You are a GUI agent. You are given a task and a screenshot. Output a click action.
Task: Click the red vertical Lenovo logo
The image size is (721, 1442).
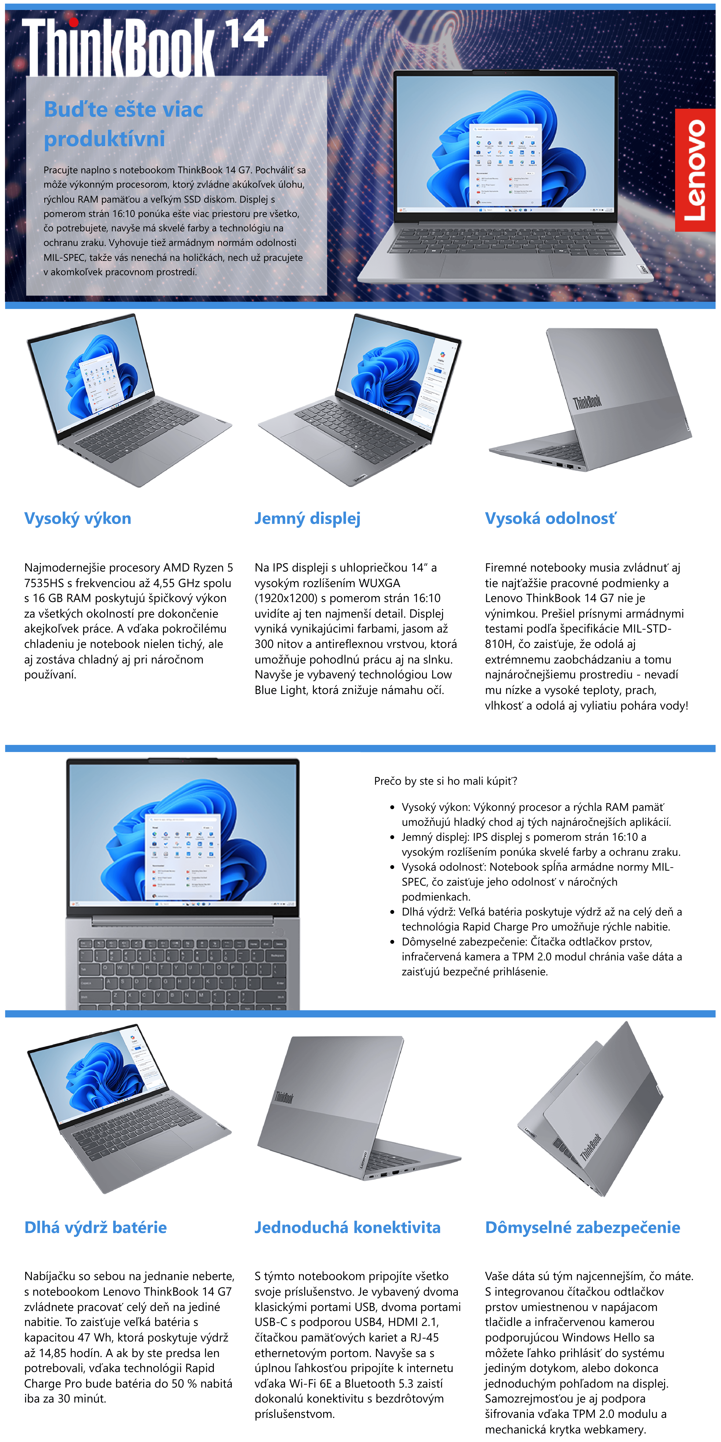[695, 170]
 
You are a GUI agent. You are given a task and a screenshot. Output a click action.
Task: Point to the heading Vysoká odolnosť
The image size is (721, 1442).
[550, 518]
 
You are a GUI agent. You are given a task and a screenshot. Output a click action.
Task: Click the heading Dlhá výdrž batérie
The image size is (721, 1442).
[95, 1228]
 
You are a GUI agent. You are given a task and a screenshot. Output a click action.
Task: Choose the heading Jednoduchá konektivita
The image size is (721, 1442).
[347, 1228]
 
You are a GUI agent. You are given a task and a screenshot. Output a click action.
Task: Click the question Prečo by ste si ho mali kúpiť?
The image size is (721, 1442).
[445, 781]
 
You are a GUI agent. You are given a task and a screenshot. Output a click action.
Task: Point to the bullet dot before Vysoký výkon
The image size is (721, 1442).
[392, 808]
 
